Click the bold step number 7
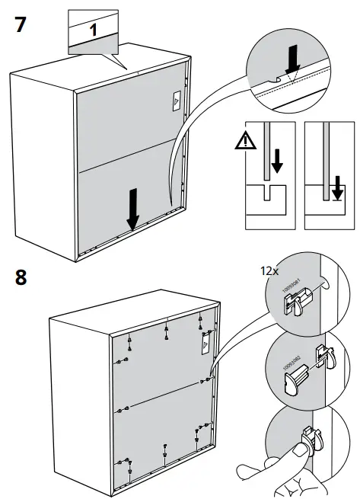(x=22, y=24)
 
